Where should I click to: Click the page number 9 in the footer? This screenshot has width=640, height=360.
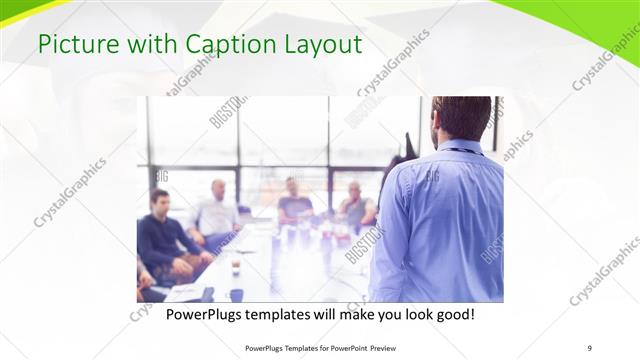(589, 347)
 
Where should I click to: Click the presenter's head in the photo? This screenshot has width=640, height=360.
(462, 117)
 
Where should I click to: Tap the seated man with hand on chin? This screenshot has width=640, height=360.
(354, 204)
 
